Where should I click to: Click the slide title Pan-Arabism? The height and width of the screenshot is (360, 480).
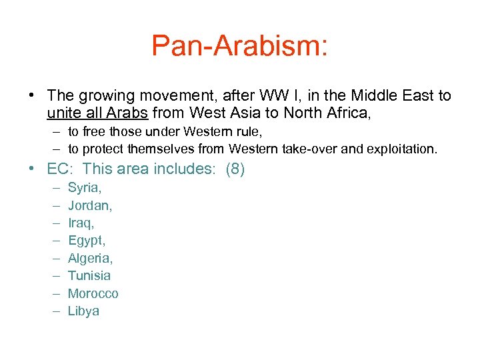(x=239, y=46)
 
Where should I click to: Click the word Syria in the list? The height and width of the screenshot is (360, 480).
(x=84, y=188)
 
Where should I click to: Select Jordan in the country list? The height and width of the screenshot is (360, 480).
(x=90, y=205)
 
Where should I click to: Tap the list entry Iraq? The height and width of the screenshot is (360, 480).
(x=81, y=223)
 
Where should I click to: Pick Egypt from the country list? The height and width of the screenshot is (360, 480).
(x=87, y=241)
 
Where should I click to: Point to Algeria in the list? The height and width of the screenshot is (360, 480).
(x=90, y=258)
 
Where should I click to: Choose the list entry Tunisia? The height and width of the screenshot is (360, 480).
(x=89, y=275)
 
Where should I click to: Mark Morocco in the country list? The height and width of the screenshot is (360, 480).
(x=93, y=293)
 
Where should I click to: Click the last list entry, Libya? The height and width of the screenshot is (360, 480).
(x=83, y=311)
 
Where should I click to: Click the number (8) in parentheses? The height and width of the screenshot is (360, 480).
(x=235, y=169)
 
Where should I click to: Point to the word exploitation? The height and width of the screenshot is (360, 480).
(x=401, y=149)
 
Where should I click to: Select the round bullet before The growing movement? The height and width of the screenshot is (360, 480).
(x=32, y=96)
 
